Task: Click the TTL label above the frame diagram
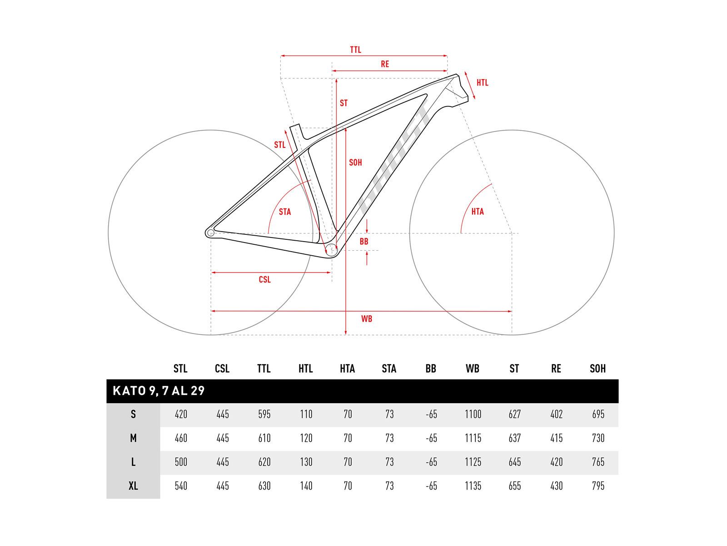[x=355, y=50]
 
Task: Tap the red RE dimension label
[x=384, y=64]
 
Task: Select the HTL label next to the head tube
[x=482, y=82]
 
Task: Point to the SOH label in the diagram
[x=355, y=162]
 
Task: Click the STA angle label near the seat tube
[x=285, y=212]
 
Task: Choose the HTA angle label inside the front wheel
[x=478, y=212]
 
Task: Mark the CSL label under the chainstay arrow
[x=264, y=279]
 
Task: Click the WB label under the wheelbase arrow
[x=367, y=319]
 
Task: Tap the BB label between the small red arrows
[x=363, y=242]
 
